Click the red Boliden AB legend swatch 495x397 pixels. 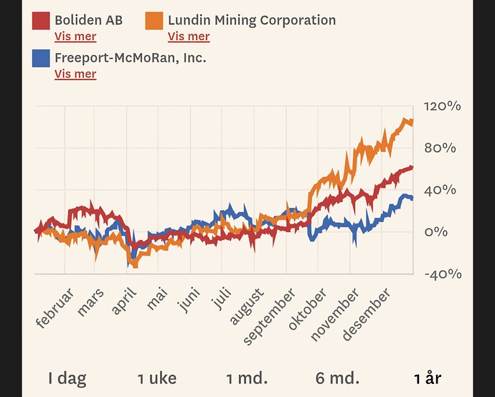(x=40, y=21)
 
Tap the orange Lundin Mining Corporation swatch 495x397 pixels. (x=154, y=21)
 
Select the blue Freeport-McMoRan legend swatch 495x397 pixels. (x=40, y=58)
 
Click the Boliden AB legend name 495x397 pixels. (x=88, y=20)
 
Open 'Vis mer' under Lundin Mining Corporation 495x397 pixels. (x=189, y=37)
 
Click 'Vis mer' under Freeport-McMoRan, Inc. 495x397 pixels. (x=75, y=74)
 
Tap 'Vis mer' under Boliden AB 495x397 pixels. (x=75, y=37)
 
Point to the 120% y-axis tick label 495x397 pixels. (x=443, y=106)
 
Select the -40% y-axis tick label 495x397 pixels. (x=443, y=274)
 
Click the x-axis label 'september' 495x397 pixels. (x=270, y=316)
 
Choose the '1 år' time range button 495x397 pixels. (x=428, y=378)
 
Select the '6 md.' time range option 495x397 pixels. (x=337, y=378)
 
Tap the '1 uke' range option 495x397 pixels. (x=157, y=378)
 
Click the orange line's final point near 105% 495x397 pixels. (x=412, y=122)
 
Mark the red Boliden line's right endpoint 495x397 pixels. (x=412, y=168)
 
